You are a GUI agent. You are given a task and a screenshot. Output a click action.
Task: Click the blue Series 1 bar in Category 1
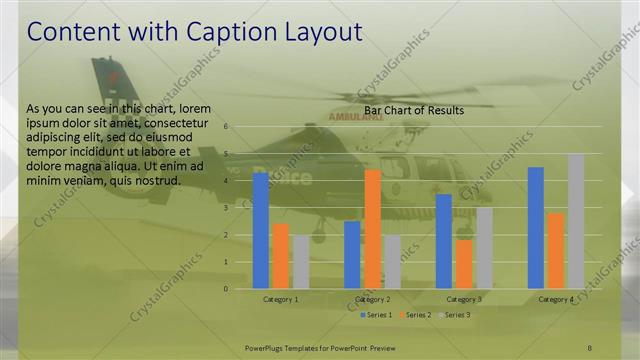pyautogui.click(x=261, y=231)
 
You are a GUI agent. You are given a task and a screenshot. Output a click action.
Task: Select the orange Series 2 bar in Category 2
pyautogui.click(x=372, y=229)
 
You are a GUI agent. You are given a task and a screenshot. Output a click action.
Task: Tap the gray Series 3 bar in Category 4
pyautogui.click(x=576, y=221)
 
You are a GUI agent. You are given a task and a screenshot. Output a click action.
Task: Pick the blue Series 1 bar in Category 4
pyautogui.click(x=536, y=228)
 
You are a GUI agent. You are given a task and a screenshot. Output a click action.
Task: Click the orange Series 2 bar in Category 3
pyautogui.click(x=464, y=264)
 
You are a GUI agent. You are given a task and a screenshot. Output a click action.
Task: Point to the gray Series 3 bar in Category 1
pyautogui.click(x=300, y=262)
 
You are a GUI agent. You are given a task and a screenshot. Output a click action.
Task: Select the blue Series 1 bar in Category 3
pyautogui.click(x=444, y=241)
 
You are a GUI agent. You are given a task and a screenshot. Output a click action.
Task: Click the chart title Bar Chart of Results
pyautogui.click(x=413, y=111)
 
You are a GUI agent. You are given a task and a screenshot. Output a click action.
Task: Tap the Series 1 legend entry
pyautogui.click(x=376, y=315)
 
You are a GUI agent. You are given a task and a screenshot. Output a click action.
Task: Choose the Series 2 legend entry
pyautogui.click(x=415, y=315)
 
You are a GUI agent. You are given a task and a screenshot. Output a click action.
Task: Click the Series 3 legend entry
pyautogui.click(x=454, y=315)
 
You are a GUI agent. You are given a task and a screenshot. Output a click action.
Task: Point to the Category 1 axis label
pyautogui.click(x=281, y=299)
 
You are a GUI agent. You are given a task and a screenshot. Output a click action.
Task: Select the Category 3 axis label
pyautogui.click(x=464, y=299)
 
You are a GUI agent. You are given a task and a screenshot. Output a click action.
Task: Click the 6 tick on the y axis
pyautogui.click(x=227, y=127)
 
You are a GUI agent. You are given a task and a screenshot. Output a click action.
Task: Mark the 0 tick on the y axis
pyautogui.click(x=227, y=289)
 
